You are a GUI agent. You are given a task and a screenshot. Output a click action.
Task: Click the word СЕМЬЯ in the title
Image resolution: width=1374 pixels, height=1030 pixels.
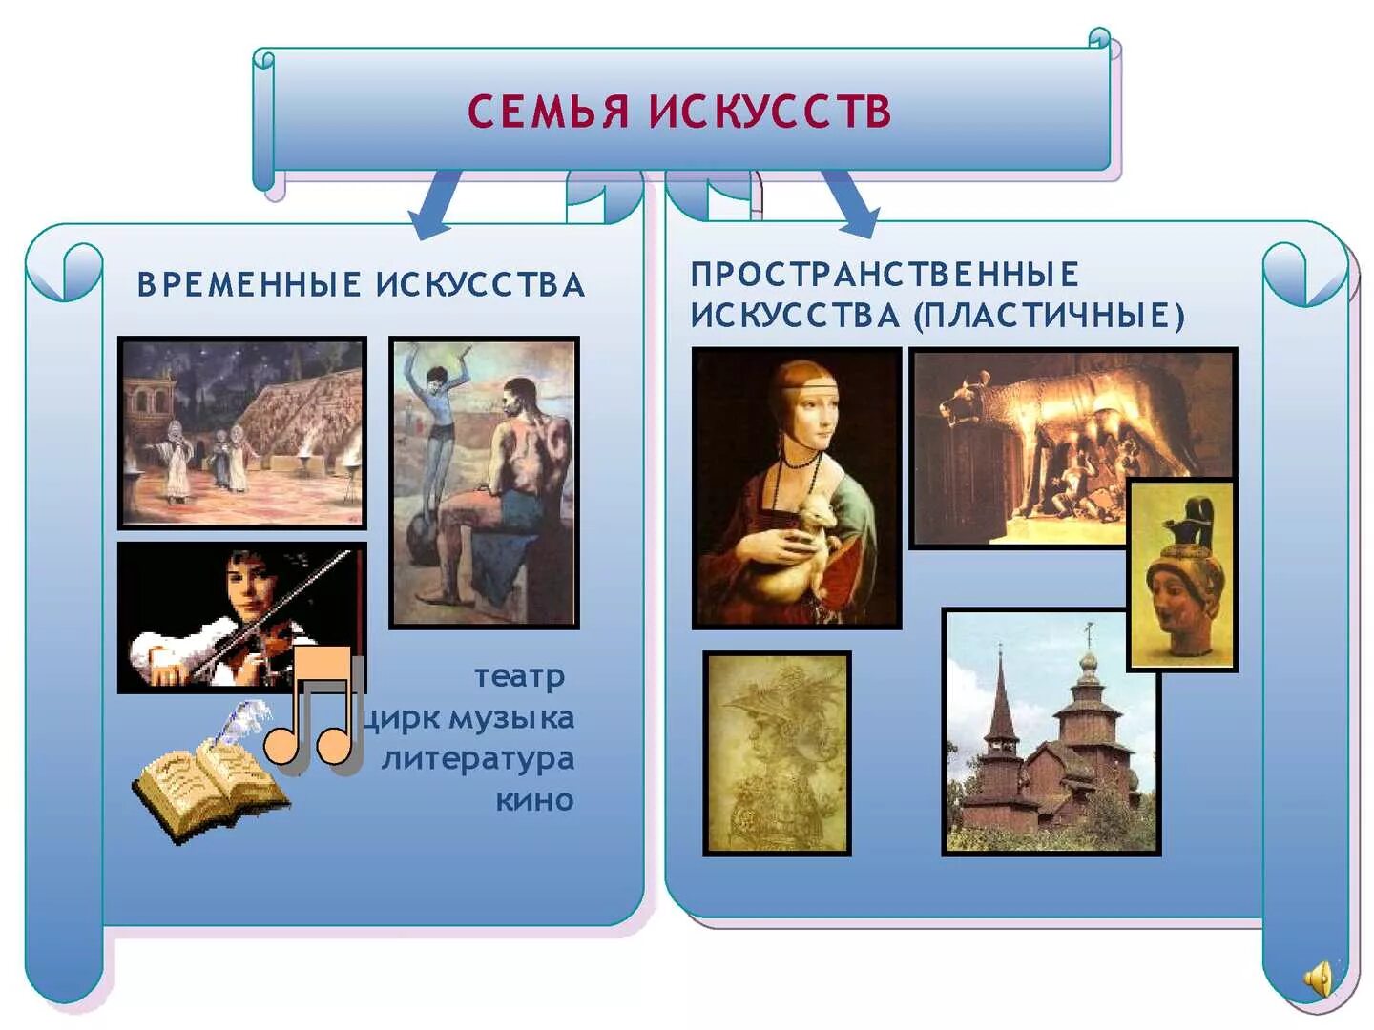point(549,111)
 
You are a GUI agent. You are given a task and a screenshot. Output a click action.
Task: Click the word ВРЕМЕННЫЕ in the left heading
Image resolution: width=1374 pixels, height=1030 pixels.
point(249,284)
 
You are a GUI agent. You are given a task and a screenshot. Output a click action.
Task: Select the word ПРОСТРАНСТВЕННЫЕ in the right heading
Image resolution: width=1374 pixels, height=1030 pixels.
point(885,275)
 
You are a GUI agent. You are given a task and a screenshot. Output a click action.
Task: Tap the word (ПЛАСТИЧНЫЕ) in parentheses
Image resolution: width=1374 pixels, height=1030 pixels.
point(1049,316)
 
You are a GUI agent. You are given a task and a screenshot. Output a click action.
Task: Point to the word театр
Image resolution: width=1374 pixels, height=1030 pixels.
point(519,676)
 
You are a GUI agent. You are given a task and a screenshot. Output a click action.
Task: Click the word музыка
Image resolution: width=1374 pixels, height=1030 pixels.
point(512,717)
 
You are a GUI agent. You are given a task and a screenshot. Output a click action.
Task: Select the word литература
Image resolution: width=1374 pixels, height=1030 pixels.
point(478,759)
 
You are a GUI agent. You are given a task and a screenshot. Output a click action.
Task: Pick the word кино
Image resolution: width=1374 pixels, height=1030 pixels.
point(534,800)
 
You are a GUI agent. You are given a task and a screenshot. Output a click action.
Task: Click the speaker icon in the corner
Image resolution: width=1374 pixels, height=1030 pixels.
point(1320,978)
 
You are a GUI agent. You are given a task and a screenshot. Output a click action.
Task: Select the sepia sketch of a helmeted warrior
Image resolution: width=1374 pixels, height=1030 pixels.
point(777,752)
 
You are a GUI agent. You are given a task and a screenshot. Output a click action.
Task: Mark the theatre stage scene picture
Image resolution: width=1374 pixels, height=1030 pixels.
point(242,431)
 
